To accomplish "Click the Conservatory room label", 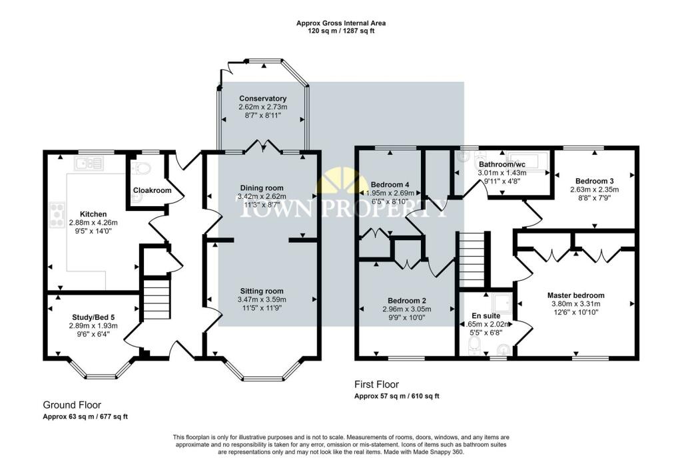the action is pos(262,98).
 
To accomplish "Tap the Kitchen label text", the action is pos(93,214).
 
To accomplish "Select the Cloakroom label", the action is pos(153,190).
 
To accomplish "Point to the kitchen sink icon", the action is pos(89,164).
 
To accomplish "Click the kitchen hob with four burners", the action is pos(57,215).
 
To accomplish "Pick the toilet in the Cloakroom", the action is pos(143,168).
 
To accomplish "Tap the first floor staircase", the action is pos(472,259).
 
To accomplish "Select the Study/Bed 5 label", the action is pos(93,317).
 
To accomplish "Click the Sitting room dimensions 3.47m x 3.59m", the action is pos(262,299).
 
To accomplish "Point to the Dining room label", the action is pos(261,188).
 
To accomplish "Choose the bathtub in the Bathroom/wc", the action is pos(527,160).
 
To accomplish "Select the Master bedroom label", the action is pos(576,295).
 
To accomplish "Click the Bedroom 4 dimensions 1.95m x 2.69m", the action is pos(390,193).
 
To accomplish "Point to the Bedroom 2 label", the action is pos(407,301).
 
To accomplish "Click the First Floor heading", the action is pos(377,385).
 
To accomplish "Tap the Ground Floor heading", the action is pos(72,405).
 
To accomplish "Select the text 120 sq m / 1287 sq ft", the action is pos(341,31).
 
